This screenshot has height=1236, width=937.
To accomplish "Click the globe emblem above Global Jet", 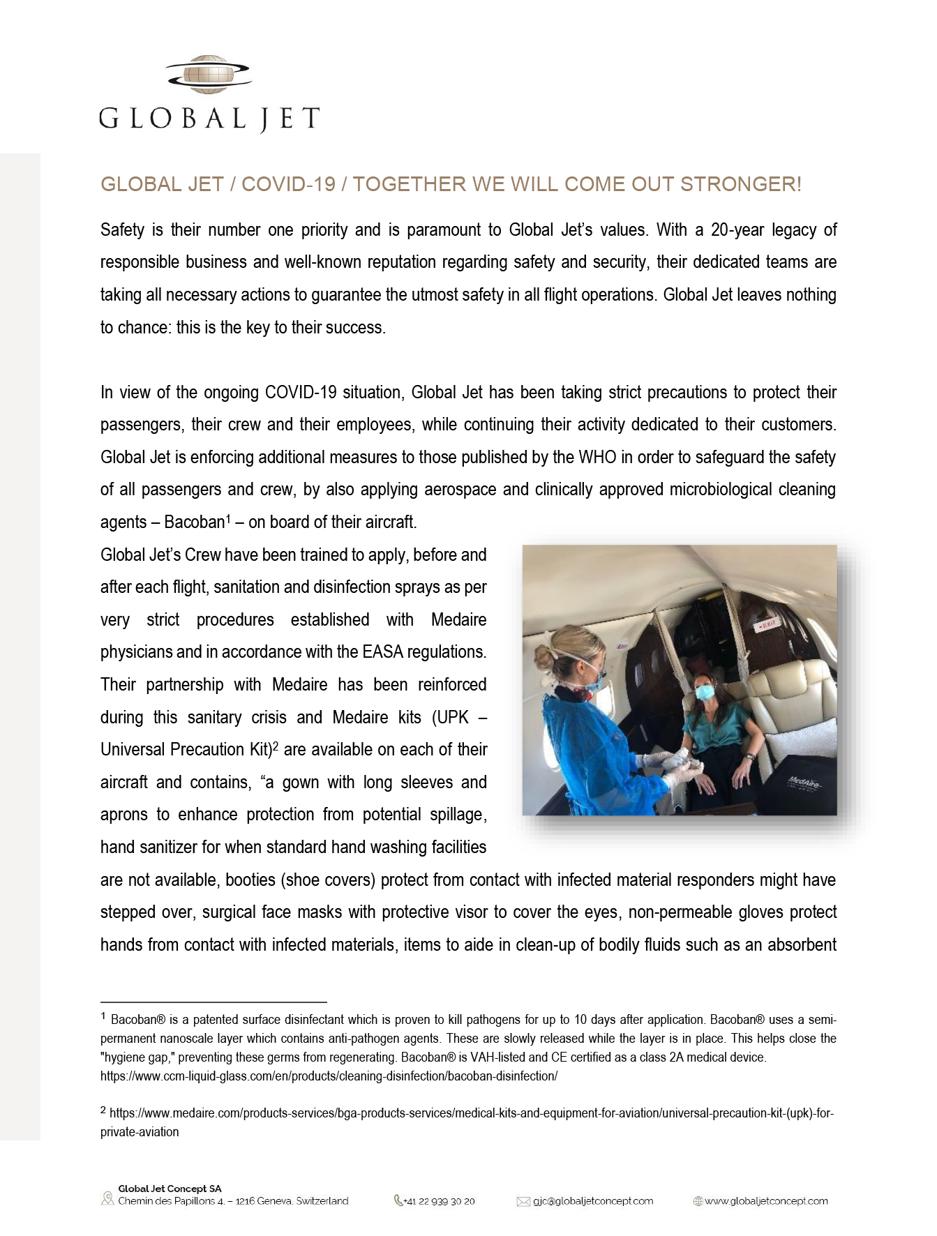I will [x=209, y=75].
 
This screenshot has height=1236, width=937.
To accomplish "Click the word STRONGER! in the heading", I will [x=740, y=184].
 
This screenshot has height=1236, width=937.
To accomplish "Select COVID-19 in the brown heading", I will [x=288, y=184].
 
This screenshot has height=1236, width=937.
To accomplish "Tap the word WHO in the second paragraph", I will [x=597, y=458].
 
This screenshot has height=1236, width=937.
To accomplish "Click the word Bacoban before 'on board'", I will [x=194, y=522].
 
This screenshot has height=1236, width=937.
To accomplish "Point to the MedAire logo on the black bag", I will [x=804, y=782].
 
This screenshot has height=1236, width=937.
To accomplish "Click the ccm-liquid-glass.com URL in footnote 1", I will [x=329, y=1076].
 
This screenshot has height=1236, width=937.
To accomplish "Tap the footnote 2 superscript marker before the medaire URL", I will [x=103, y=1110].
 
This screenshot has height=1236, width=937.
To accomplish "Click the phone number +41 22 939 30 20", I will [x=439, y=1201].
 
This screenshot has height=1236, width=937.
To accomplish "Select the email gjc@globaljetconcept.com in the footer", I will [x=592, y=1201].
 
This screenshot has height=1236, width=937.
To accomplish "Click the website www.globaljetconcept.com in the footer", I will [x=765, y=1201].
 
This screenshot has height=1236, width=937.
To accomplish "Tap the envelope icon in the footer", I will [x=523, y=1201].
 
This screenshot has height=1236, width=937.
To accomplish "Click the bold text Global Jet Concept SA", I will [x=170, y=1189].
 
